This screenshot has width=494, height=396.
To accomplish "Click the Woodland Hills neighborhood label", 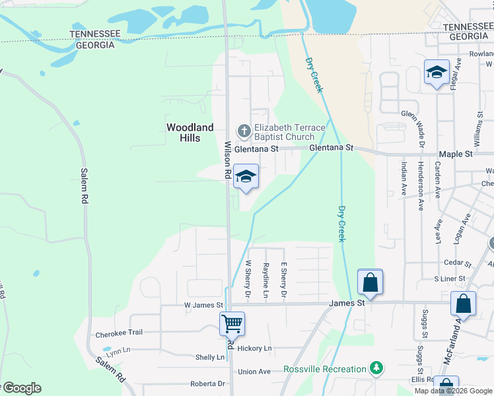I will (190, 132).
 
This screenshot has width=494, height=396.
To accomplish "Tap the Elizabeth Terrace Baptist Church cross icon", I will (244, 131).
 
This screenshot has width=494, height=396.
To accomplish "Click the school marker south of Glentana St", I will (245, 177).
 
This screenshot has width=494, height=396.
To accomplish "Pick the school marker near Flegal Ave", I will (437, 73).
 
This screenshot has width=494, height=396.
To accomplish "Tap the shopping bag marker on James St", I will (370, 282).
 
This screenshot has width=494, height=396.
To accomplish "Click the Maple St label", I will (456, 154).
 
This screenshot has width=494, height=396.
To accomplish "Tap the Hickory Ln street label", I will (254, 348).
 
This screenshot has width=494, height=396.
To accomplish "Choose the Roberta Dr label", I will (208, 383).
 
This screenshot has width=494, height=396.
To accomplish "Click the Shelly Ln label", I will (209, 357).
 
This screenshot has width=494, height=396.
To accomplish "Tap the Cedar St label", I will (456, 262).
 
